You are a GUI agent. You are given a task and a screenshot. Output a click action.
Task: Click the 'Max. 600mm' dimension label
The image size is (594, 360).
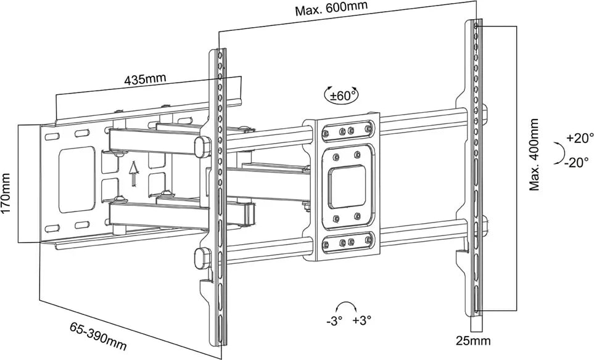pos(331,10)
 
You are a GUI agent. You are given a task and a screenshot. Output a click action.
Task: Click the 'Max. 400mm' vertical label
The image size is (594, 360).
pos(534,155)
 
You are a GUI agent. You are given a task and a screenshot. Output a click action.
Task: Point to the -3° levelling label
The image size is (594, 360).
pos(335,321)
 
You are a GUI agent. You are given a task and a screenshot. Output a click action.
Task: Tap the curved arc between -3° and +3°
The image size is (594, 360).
pos(347,307)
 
